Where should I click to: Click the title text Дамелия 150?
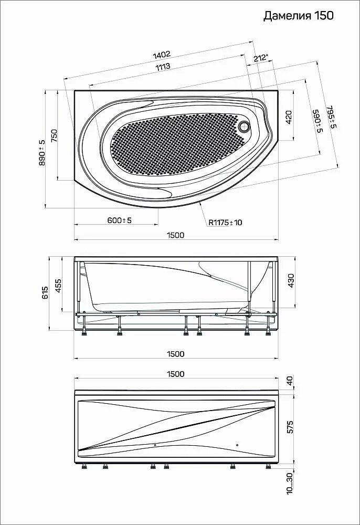click(299, 15)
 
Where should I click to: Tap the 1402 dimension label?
click(162, 55)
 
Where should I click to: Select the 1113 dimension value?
click(163, 67)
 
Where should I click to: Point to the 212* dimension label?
click(261, 58)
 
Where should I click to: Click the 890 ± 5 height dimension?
click(42, 152)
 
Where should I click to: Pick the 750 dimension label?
click(54, 136)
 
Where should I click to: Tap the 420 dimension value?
click(289, 118)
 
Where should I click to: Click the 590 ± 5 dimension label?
click(316, 121)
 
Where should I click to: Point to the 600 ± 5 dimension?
click(120, 220)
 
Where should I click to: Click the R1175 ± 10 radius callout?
click(226, 222)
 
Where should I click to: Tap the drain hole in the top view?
click(245, 125)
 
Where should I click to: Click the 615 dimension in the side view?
click(45, 293)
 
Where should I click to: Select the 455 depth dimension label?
click(58, 286)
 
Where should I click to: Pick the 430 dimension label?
click(291, 280)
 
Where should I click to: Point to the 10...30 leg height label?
click(290, 482)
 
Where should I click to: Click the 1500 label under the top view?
click(176, 235)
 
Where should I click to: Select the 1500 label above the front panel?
click(176, 374)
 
